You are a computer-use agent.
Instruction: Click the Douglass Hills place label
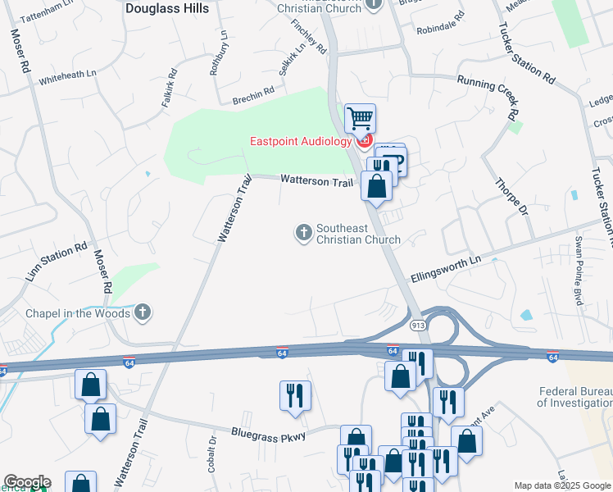167,8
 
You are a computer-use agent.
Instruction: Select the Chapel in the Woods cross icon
143,312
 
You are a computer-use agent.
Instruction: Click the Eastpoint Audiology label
300,141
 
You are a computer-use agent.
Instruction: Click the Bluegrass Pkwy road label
268,435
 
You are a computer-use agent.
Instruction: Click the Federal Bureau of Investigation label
574,397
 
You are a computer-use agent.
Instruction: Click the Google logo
27,482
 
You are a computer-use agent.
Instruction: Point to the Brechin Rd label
252,97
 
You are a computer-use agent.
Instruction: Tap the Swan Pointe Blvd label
583,261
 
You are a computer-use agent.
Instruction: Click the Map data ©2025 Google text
562,485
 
